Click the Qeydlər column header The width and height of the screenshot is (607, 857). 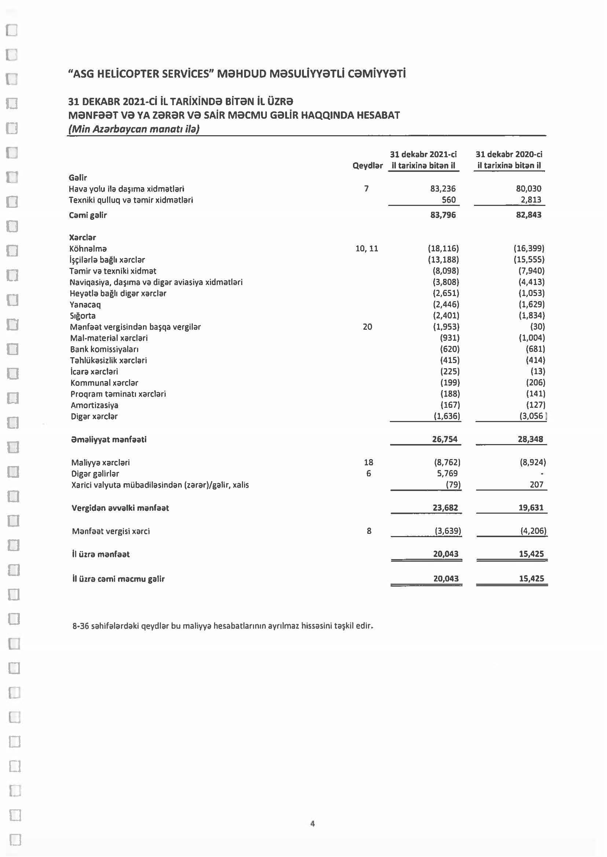click(x=367, y=166)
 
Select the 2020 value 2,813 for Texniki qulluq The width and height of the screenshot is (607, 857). click(x=531, y=200)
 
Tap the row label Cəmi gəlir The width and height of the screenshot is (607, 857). click(x=88, y=215)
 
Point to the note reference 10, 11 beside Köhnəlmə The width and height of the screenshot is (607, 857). click(x=367, y=248)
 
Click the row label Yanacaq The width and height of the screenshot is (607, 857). click(x=85, y=304)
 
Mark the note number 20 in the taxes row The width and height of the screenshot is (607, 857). click(x=367, y=327)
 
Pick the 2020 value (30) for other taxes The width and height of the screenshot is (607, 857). click(x=537, y=327)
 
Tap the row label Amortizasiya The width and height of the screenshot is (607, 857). click(x=95, y=405)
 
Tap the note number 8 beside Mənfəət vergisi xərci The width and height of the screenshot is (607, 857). click(x=369, y=531)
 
